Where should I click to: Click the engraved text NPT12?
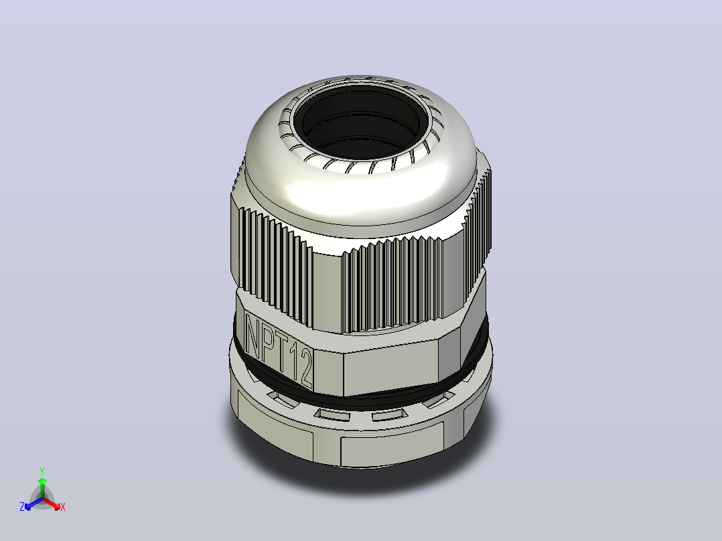coord(279,350)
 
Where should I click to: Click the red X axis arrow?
coord(52,504)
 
